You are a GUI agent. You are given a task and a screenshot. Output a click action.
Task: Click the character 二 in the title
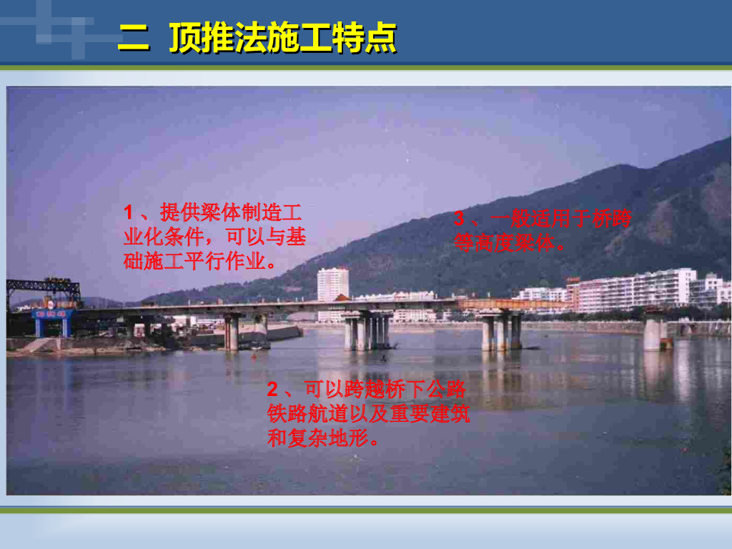[134, 37]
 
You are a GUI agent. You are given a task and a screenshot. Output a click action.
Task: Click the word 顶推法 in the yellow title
[217, 37]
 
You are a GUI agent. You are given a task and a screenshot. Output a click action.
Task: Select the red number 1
[129, 213]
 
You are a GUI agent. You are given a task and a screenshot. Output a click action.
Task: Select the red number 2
[272, 390]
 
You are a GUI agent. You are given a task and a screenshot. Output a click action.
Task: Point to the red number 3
[460, 219]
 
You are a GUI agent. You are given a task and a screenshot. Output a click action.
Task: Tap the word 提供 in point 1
[180, 213]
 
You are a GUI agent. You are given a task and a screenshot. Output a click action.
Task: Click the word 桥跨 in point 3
[612, 219]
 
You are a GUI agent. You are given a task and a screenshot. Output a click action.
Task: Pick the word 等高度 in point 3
[484, 243]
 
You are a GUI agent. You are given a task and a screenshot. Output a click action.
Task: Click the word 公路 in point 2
[446, 390]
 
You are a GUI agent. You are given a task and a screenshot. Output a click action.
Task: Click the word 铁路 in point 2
[287, 414]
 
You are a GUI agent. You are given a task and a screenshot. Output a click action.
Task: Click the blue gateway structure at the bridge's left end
[53, 322]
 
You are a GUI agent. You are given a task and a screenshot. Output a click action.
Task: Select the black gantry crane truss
[44, 290]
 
